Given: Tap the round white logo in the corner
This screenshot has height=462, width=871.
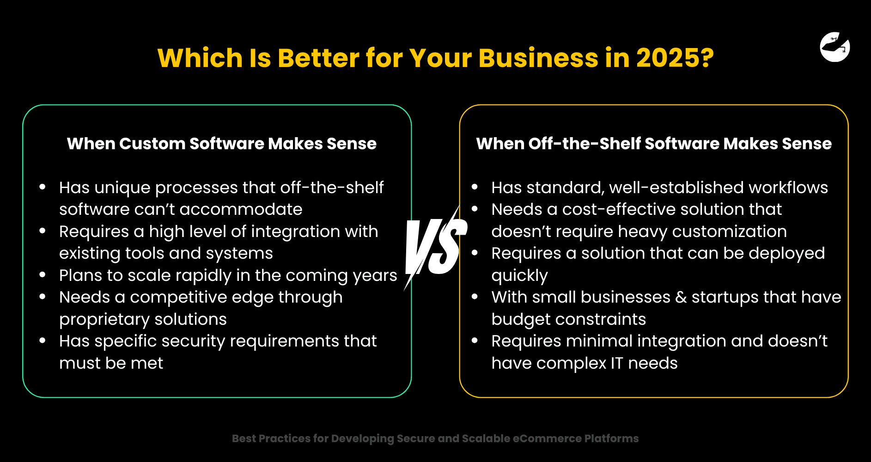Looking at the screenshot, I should (x=834, y=47).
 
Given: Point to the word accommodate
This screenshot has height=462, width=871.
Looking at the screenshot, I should (x=241, y=210).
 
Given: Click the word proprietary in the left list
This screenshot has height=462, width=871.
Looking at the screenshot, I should (x=110, y=320).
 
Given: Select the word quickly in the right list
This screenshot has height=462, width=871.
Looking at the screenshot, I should (x=519, y=276).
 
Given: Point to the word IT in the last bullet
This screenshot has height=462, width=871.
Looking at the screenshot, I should (x=617, y=364).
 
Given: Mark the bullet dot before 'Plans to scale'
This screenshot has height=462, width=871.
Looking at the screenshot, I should (x=43, y=275).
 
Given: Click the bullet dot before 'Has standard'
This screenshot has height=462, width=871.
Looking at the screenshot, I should (x=475, y=187).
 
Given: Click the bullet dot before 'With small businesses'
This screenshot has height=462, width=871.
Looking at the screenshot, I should (x=475, y=297).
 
